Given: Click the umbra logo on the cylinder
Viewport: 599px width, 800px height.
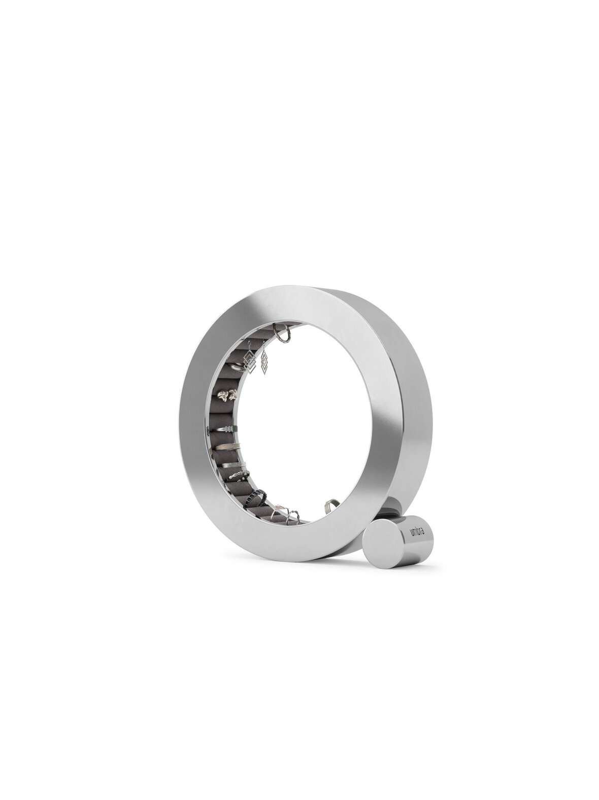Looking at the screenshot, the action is pyautogui.click(x=419, y=533).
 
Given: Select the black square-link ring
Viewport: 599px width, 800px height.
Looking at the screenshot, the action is pyautogui.click(x=256, y=497).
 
